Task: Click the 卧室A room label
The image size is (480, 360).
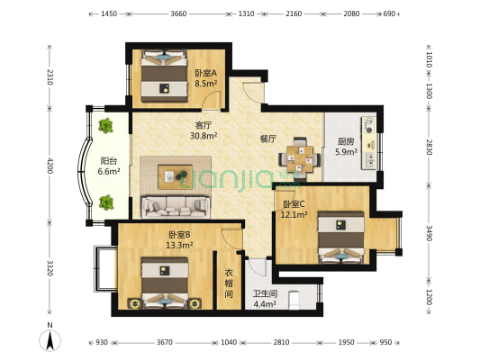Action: pyautogui.click(x=205, y=73)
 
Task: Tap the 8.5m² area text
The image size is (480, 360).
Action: pyautogui.click(x=205, y=84)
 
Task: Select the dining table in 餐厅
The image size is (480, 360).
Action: pyautogui.click(x=300, y=159)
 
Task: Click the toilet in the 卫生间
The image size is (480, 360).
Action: pyautogui.click(x=294, y=301)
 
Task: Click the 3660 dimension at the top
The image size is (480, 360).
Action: pyautogui.click(x=178, y=13)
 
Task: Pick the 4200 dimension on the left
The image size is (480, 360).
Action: pyautogui.click(x=50, y=166)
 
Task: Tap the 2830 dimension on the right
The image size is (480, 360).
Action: pyautogui.click(x=430, y=148)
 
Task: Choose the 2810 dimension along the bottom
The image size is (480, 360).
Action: pyautogui.click(x=281, y=342)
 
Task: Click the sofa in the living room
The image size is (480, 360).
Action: pyautogui.click(x=176, y=207)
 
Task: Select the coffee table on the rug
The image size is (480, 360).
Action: pyautogui.click(x=175, y=177)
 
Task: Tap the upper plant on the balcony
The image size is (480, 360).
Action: pyautogui.click(x=105, y=126)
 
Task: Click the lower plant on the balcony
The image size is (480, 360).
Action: pyautogui.click(x=106, y=202)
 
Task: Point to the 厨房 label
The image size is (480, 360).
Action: pyautogui.click(x=346, y=141)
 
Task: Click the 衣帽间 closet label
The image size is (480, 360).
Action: pyautogui.click(x=229, y=283)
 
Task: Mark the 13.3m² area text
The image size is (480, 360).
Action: pyautogui.click(x=179, y=245)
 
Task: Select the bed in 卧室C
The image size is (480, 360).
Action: pyautogui.click(x=341, y=237)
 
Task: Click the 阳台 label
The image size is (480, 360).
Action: pyautogui.click(x=109, y=161)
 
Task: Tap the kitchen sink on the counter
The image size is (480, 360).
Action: pyautogui.click(x=369, y=160)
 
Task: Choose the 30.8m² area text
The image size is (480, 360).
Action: pyautogui.click(x=204, y=136)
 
